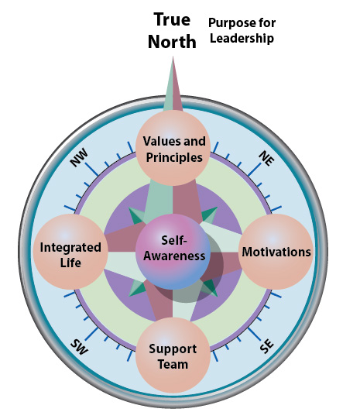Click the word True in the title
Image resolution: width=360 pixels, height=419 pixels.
(172, 19)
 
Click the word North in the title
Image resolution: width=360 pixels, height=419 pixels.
(172, 42)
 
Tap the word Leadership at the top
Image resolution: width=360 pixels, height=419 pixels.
(242, 39)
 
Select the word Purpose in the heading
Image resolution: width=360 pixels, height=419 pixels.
(229, 23)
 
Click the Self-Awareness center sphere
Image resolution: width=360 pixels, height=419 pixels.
(173, 252)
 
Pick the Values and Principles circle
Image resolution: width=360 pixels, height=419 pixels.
(173, 148)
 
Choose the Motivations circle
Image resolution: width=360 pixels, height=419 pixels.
(276, 252)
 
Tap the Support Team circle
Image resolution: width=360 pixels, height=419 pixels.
(173, 355)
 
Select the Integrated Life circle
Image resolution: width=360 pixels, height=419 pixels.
(70, 252)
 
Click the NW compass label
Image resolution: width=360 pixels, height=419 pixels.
(79, 158)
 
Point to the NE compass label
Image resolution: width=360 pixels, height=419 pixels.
(266, 158)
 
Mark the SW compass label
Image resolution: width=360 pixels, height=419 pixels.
(79, 347)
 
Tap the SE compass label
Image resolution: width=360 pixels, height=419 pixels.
(267, 346)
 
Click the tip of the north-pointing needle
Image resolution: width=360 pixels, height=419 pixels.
(173, 56)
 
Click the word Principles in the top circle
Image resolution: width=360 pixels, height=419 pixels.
(174, 158)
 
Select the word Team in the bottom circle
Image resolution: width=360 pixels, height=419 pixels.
(173, 365)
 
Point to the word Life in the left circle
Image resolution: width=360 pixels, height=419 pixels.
(70, 263)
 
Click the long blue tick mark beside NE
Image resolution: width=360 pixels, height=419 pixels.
(255, 170)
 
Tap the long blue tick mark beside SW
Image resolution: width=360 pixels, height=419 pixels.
(91, 335)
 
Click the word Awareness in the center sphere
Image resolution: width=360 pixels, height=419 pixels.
(174, 256)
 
